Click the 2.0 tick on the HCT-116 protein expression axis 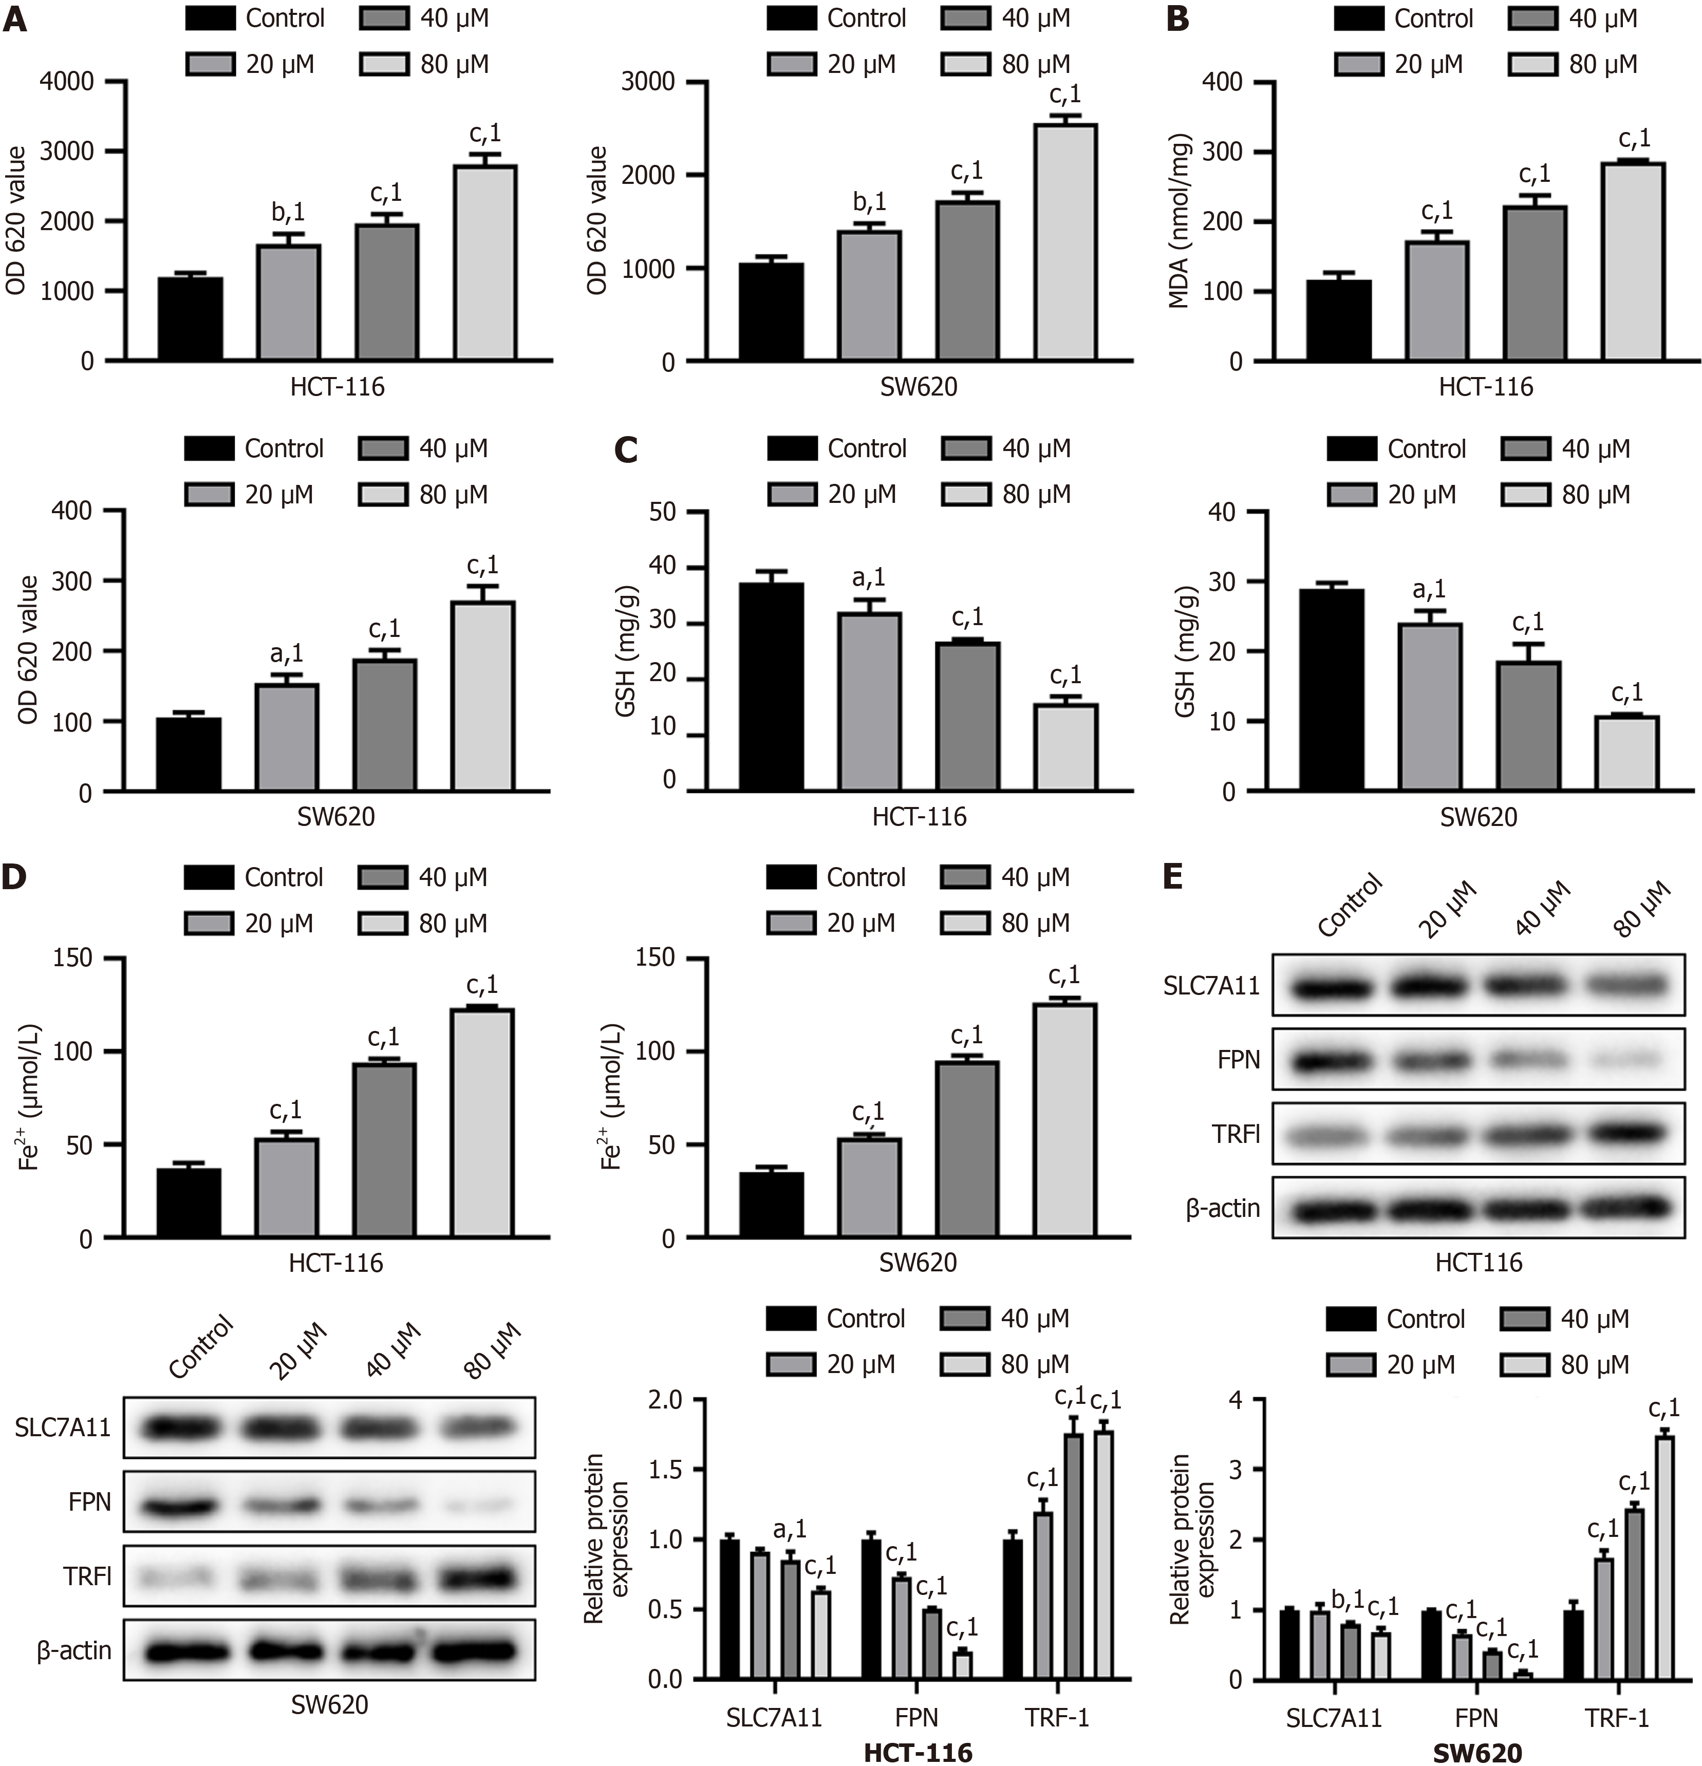pyautogui.click(x=667, y=1399)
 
